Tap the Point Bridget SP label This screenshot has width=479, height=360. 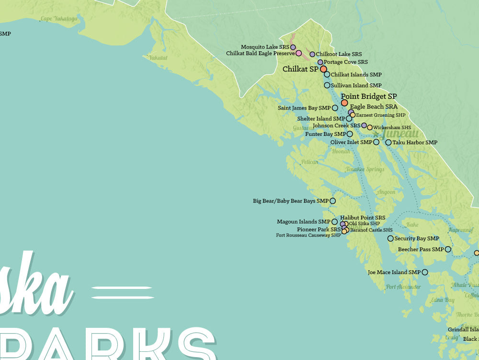point(368,96)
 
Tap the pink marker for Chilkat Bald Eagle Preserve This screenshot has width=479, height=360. point(298,53)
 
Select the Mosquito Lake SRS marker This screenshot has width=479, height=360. point(293,47)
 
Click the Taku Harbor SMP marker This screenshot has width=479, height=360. point(388,142)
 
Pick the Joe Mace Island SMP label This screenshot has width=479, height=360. point(394,272)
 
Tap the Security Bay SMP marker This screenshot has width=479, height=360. point(390,238)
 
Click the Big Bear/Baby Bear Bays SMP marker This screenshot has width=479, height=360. point(333,201)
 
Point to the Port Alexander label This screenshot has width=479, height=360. point(403,287)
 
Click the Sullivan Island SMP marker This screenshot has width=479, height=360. point(327,85)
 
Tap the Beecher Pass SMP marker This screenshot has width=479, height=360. point(448,249)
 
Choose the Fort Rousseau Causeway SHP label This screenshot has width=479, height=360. point(308,235)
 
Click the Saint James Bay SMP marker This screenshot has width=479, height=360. point(335,108)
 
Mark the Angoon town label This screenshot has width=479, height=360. point(386,192)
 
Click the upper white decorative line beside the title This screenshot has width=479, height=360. point(122,289)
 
